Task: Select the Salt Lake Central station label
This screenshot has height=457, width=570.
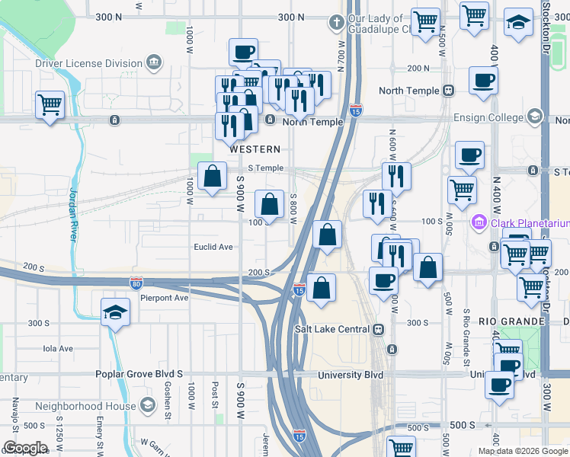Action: tap(332, 329)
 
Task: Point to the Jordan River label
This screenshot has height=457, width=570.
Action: tap(74, 214)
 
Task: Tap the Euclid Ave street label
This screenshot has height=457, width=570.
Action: tap(213, 247)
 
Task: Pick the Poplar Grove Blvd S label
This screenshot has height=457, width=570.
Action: tap(139, 374)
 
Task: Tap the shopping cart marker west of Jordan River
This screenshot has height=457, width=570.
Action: tap(50, 104)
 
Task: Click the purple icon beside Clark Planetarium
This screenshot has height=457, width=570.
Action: tap(479, 223)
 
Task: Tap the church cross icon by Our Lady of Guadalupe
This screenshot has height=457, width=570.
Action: tap(336, 21)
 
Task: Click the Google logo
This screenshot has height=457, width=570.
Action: tap(25, 448)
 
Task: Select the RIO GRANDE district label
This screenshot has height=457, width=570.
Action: tap(508, 322)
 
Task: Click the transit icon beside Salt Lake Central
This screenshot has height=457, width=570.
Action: tap(377, 329)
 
